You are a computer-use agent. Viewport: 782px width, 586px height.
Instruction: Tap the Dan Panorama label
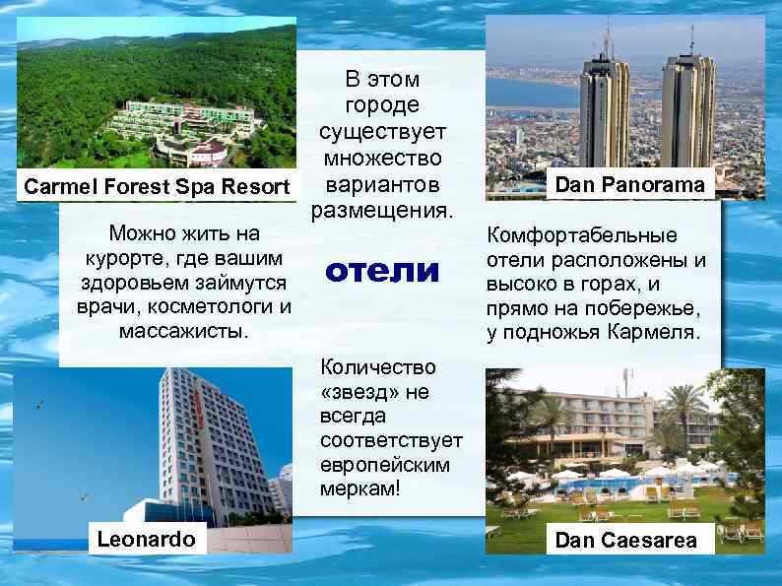(629, 184)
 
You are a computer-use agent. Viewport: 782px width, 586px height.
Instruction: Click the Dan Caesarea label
(625, 540)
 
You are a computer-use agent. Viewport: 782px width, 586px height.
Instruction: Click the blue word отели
(380, 270)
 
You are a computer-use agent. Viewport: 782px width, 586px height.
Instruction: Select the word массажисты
(183, 329)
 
